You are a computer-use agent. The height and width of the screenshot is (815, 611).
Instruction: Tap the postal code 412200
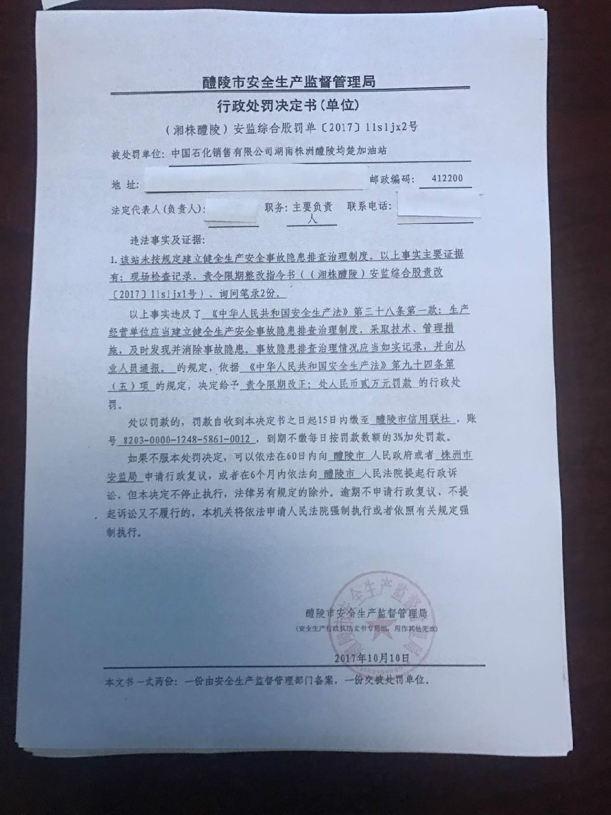pyautogui.click(x=446, y=179)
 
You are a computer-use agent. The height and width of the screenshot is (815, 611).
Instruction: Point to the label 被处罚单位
pyautogui.click(x=137, y=155)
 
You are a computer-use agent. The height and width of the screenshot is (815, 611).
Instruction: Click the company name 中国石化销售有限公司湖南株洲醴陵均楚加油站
pyautogui.click(x=279, y=152)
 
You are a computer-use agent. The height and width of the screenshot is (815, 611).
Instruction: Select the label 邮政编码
pyautogui.click(x=391, y=179)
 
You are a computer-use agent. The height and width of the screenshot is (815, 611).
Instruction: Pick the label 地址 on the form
pyautogui.click(x=125, y=185)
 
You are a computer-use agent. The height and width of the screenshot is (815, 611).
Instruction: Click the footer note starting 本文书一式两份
pyautogui.click(x=267, y=681)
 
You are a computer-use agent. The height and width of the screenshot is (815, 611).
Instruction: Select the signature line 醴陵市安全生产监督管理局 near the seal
pyautogui.click(x=365, y=613)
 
